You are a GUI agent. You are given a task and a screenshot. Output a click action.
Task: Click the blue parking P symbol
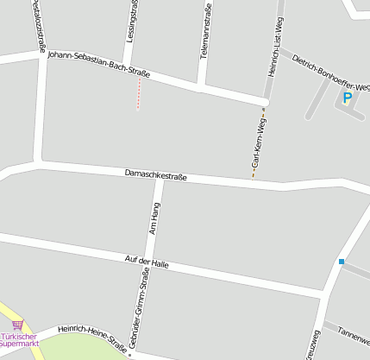tap(348, 98)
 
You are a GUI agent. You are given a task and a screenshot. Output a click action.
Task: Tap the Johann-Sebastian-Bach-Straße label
tap(98, 65)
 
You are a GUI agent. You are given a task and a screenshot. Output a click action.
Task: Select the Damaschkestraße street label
tap(155, 175)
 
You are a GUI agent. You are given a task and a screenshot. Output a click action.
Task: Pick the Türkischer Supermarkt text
tap(20, 339)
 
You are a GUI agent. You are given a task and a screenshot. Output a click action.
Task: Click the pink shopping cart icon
tap(17, 325)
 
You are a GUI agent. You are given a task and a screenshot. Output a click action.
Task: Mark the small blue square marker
tap(342, 262)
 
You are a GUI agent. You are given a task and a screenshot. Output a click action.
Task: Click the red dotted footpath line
tap(138, 96)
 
